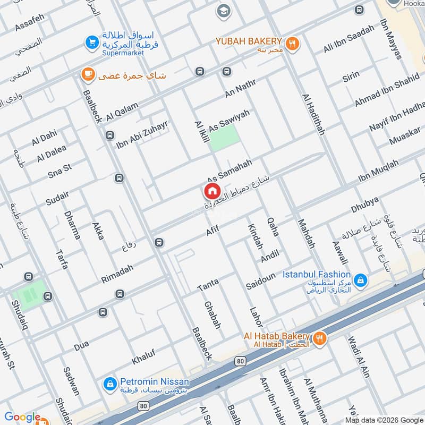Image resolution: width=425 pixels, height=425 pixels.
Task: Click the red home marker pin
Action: pos(211,191)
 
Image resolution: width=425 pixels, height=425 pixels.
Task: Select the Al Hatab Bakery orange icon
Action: pos(319,338)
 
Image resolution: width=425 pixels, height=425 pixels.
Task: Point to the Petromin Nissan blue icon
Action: pos(109,382)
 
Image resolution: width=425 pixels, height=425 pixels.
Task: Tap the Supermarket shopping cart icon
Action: pos(92,41)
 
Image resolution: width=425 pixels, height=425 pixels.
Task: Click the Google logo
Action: pos(22,418)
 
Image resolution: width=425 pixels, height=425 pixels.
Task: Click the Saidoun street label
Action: pos(261,282)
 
